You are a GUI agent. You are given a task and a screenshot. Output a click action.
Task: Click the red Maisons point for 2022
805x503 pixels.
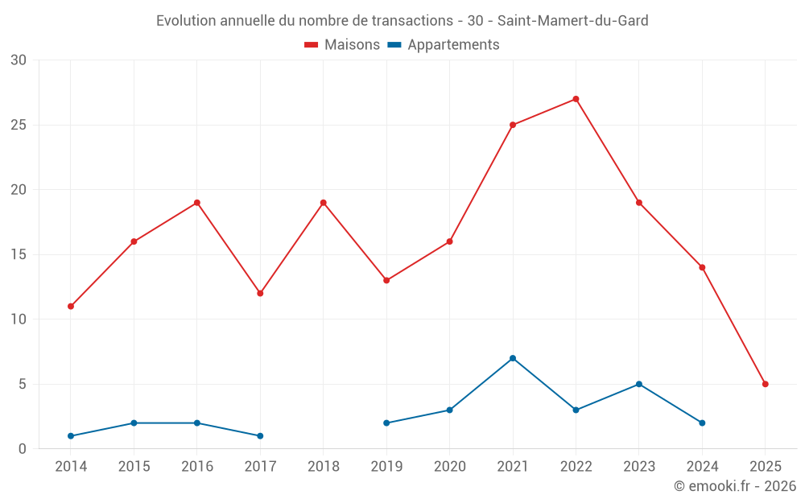coord(576,99)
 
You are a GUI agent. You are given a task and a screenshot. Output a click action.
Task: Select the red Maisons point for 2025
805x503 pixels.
coord(765,384)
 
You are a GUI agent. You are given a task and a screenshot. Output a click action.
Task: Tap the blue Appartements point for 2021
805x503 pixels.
coord(513,358)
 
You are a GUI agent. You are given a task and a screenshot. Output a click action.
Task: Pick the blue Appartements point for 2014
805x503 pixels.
coord(71,436)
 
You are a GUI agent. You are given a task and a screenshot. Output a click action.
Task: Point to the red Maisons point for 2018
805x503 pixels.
coord(324,203)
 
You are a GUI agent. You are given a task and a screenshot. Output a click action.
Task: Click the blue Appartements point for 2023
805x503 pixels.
coord(639,384)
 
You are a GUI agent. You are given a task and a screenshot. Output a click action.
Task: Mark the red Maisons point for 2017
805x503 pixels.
coord(260,293)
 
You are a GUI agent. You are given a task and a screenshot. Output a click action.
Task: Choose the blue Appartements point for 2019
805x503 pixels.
coord(386,423)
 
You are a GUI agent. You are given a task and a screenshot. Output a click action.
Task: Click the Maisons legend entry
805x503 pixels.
coord(342,45)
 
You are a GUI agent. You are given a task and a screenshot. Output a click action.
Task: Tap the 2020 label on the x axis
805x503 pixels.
coord(449,467)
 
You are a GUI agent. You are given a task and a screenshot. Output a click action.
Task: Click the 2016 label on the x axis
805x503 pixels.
coord(197,467)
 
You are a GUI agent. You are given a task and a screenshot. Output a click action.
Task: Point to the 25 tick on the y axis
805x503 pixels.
coord(19,126)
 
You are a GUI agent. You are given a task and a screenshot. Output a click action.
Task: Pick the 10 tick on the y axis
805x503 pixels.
coord(19,320)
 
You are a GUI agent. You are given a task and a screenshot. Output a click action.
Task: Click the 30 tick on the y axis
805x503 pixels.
coord(19,60)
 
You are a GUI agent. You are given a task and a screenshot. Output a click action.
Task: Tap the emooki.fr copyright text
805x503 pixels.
coord(735,486)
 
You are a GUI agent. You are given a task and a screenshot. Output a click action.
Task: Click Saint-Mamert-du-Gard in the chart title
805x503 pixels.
coord(578,21)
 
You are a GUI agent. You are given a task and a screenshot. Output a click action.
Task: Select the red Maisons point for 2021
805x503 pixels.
coord(513,125)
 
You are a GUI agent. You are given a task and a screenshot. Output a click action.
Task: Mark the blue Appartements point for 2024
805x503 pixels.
coord(702,423)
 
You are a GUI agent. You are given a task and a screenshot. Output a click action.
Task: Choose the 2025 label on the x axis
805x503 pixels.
coord(765,467)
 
